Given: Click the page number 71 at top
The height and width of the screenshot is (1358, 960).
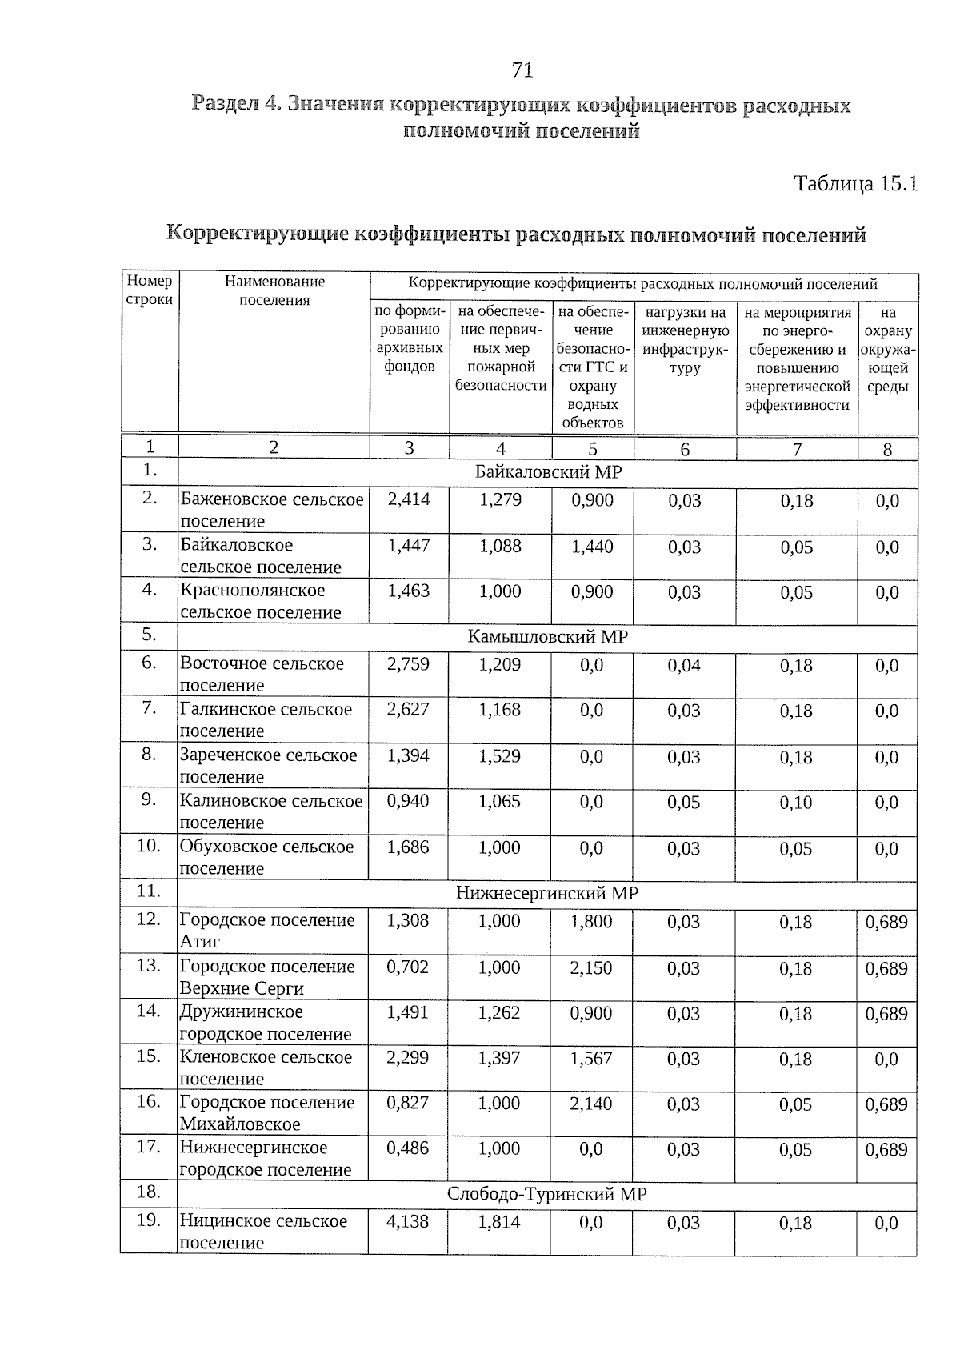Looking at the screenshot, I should tap(522, 70).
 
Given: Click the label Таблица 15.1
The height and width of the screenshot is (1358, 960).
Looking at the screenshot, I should tap(855, 184).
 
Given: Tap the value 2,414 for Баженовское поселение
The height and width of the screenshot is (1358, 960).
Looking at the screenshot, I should tap(408, 499).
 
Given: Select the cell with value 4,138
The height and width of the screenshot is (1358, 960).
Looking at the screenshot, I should tap(408, 1221).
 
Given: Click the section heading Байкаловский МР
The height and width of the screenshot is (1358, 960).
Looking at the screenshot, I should tap(548, 471).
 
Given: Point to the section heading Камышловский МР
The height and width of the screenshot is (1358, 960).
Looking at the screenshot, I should tap(548, 637).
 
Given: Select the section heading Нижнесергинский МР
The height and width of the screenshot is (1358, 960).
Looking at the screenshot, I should tap(547, 893).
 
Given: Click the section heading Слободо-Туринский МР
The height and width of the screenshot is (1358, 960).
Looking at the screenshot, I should tap(547, 1194).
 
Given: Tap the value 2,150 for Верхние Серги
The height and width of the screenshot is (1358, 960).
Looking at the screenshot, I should tap(591, 967).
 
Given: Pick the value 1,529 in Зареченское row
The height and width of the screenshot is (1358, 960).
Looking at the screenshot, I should tap(500, 756).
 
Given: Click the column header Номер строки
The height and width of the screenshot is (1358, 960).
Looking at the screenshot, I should tap(150, 290).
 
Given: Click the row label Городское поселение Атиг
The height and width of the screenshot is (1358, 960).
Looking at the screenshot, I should tap(267, 930).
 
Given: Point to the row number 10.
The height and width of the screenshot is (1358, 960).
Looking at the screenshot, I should tap(149, 846).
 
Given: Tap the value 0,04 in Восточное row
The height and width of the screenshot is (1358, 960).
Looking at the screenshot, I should tap(684, 665).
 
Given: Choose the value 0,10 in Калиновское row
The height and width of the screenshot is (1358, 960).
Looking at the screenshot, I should tap(796, 803).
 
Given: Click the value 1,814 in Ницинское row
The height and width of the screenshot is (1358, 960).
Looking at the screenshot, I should tap(499, 1222).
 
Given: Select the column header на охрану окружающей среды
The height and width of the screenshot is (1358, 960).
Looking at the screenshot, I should tap(887, 350).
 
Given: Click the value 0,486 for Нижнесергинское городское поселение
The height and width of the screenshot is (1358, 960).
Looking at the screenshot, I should tap(408, 1148).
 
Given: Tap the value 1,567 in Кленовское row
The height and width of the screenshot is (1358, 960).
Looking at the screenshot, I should tap(591, 1058).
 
